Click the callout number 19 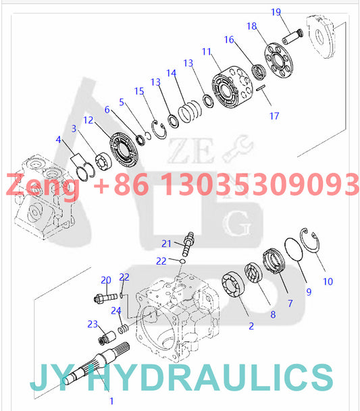point(276,11)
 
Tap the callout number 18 point(251,26)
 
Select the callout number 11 point(206,51)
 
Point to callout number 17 point(274,116)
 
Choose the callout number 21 point(166,243)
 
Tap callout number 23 point(93,324)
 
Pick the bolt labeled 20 point(107,295)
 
